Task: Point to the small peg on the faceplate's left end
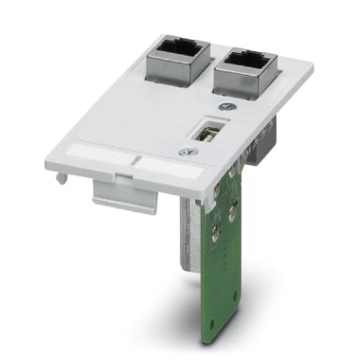click(x=59, y=177)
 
